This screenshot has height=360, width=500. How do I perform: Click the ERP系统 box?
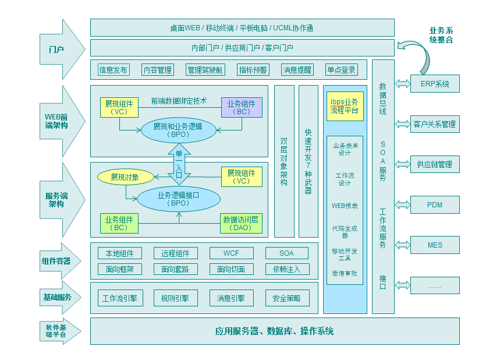(x=435, y=84)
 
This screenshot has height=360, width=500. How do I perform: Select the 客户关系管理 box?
(x=435, y=124)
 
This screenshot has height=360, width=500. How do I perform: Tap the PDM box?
(x=435, y=205)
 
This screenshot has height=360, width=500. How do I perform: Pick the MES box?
(x=435, y=245)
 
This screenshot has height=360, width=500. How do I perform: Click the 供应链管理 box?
(x=435, y=165)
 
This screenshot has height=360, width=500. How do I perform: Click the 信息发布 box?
(x=113, y=70)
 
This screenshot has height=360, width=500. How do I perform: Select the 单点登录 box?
(x=341, y=70)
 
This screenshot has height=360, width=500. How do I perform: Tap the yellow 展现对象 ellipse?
(x=126, y=177)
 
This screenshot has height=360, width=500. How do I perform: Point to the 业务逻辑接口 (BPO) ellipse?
(x=179, y=199)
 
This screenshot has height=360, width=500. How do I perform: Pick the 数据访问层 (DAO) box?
(x=241, y=223)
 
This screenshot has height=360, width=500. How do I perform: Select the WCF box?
(x=231, y=253)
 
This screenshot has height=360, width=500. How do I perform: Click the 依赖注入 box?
(x=286, y=269)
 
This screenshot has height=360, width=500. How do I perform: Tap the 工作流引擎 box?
(x=119, y=298)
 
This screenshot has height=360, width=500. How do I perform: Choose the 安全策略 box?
(x=286, y=298)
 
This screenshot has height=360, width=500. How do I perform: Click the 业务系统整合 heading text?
(x=441, y=36)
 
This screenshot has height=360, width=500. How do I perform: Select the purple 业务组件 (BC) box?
(x=241, y=107)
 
